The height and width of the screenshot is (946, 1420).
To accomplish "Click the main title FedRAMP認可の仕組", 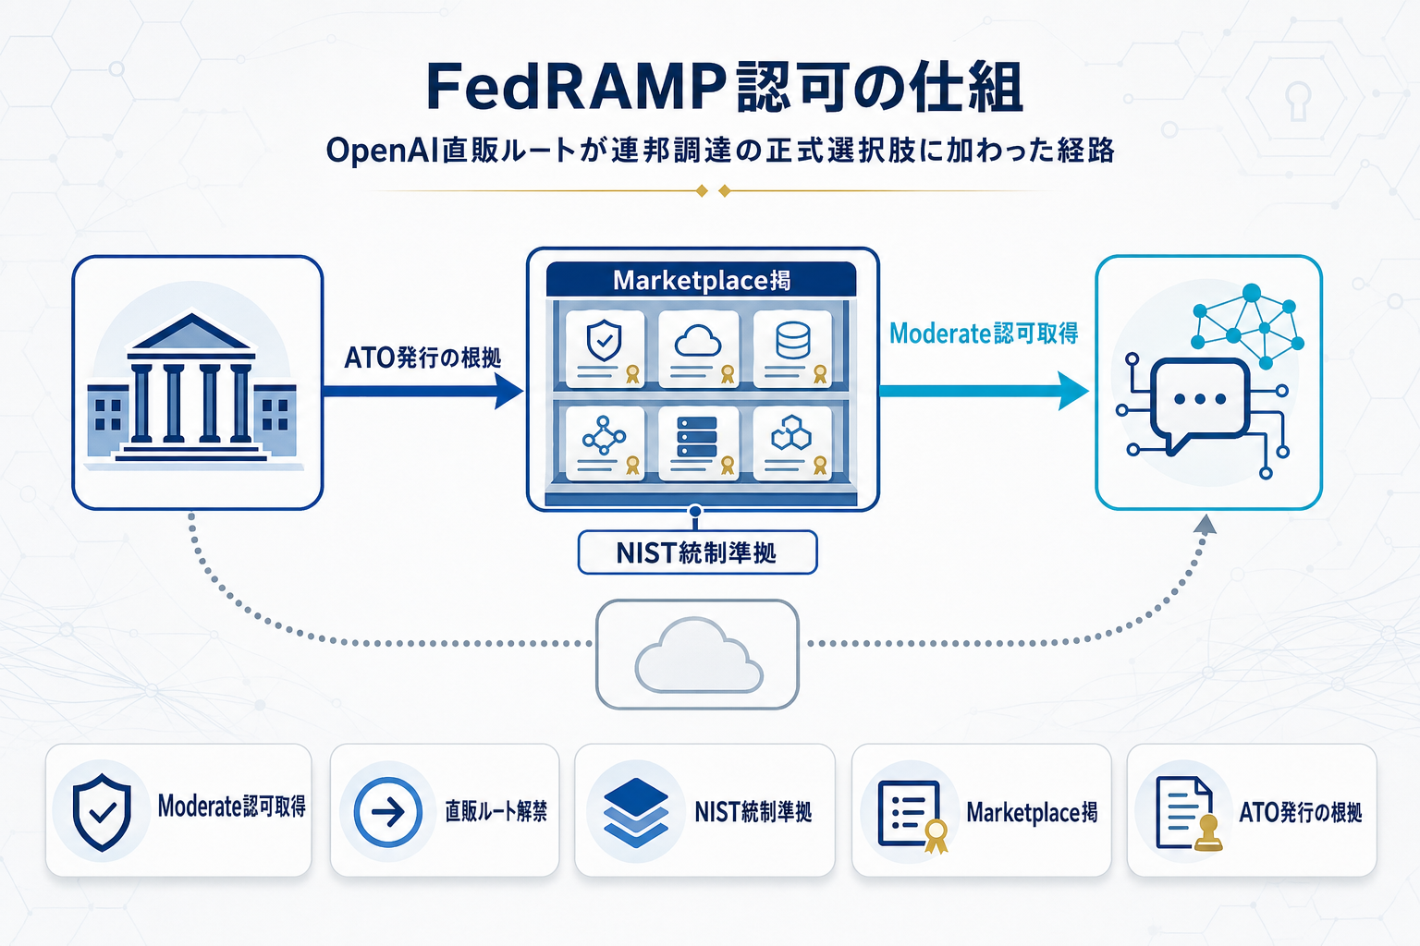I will [x=724, y=88].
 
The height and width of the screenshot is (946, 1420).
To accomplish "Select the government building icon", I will [x=192, y=388].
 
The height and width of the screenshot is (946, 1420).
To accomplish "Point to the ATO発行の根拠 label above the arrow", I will [x=422, y=358].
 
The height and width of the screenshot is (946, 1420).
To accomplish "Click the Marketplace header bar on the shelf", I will [x=701, y=280].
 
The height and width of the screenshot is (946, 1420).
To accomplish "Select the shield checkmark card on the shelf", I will [x=605, y=347].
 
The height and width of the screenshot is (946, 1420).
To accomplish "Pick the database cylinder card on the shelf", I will [x=792, y=347].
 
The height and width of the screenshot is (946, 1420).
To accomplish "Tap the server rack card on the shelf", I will [x=698, y=442].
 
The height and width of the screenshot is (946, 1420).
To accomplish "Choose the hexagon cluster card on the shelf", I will [x=792, y=442].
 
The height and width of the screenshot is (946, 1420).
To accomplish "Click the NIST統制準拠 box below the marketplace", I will [x=697, y=552].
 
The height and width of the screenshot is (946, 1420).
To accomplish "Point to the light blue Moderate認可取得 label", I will [x=984, y=334].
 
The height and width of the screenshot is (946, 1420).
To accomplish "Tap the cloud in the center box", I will [x=698, y=656].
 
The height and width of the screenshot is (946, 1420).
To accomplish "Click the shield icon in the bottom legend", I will [x=102, y=812].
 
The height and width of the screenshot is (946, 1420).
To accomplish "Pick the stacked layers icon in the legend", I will [x=635, y=812].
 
